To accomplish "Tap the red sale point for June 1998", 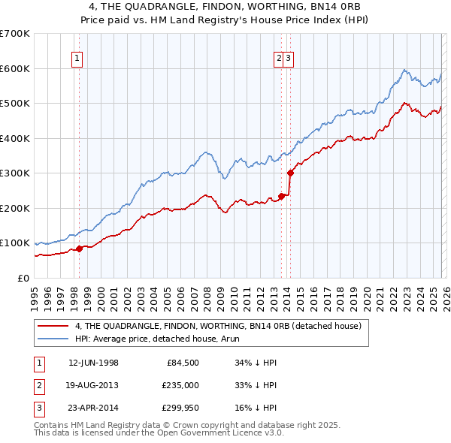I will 80,249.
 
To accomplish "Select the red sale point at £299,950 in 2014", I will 290,173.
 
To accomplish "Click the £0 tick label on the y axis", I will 24,278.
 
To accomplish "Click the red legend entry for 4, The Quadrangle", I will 218,326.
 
